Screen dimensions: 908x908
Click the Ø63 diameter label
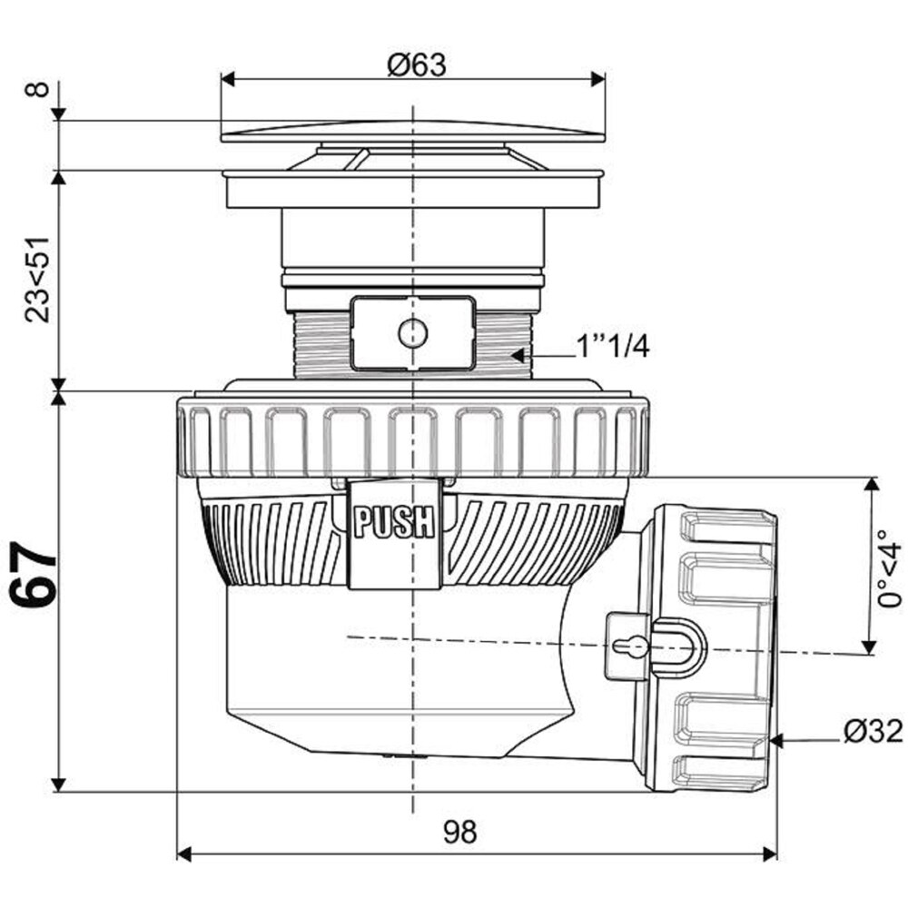pyautogui.click(x=417, y=65)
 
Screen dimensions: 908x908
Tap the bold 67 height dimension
pyautogui.click(x=35, y=575)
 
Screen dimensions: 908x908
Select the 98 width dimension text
pyautogui.click(x=460, y=832)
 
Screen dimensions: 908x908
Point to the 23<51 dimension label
pyautogui.click(x=37, y=280)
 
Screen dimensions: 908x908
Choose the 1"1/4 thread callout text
pyautogui.click(x=612, y=348)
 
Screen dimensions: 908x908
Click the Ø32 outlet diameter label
pyautogui.click(x=873, y=731)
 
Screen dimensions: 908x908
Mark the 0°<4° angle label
pyautogui.click(x=890, y=567)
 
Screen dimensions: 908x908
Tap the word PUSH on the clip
pyautogui.click(x=394, y=522)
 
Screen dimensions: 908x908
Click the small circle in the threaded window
pyautogui.click(x=413, y=333)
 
